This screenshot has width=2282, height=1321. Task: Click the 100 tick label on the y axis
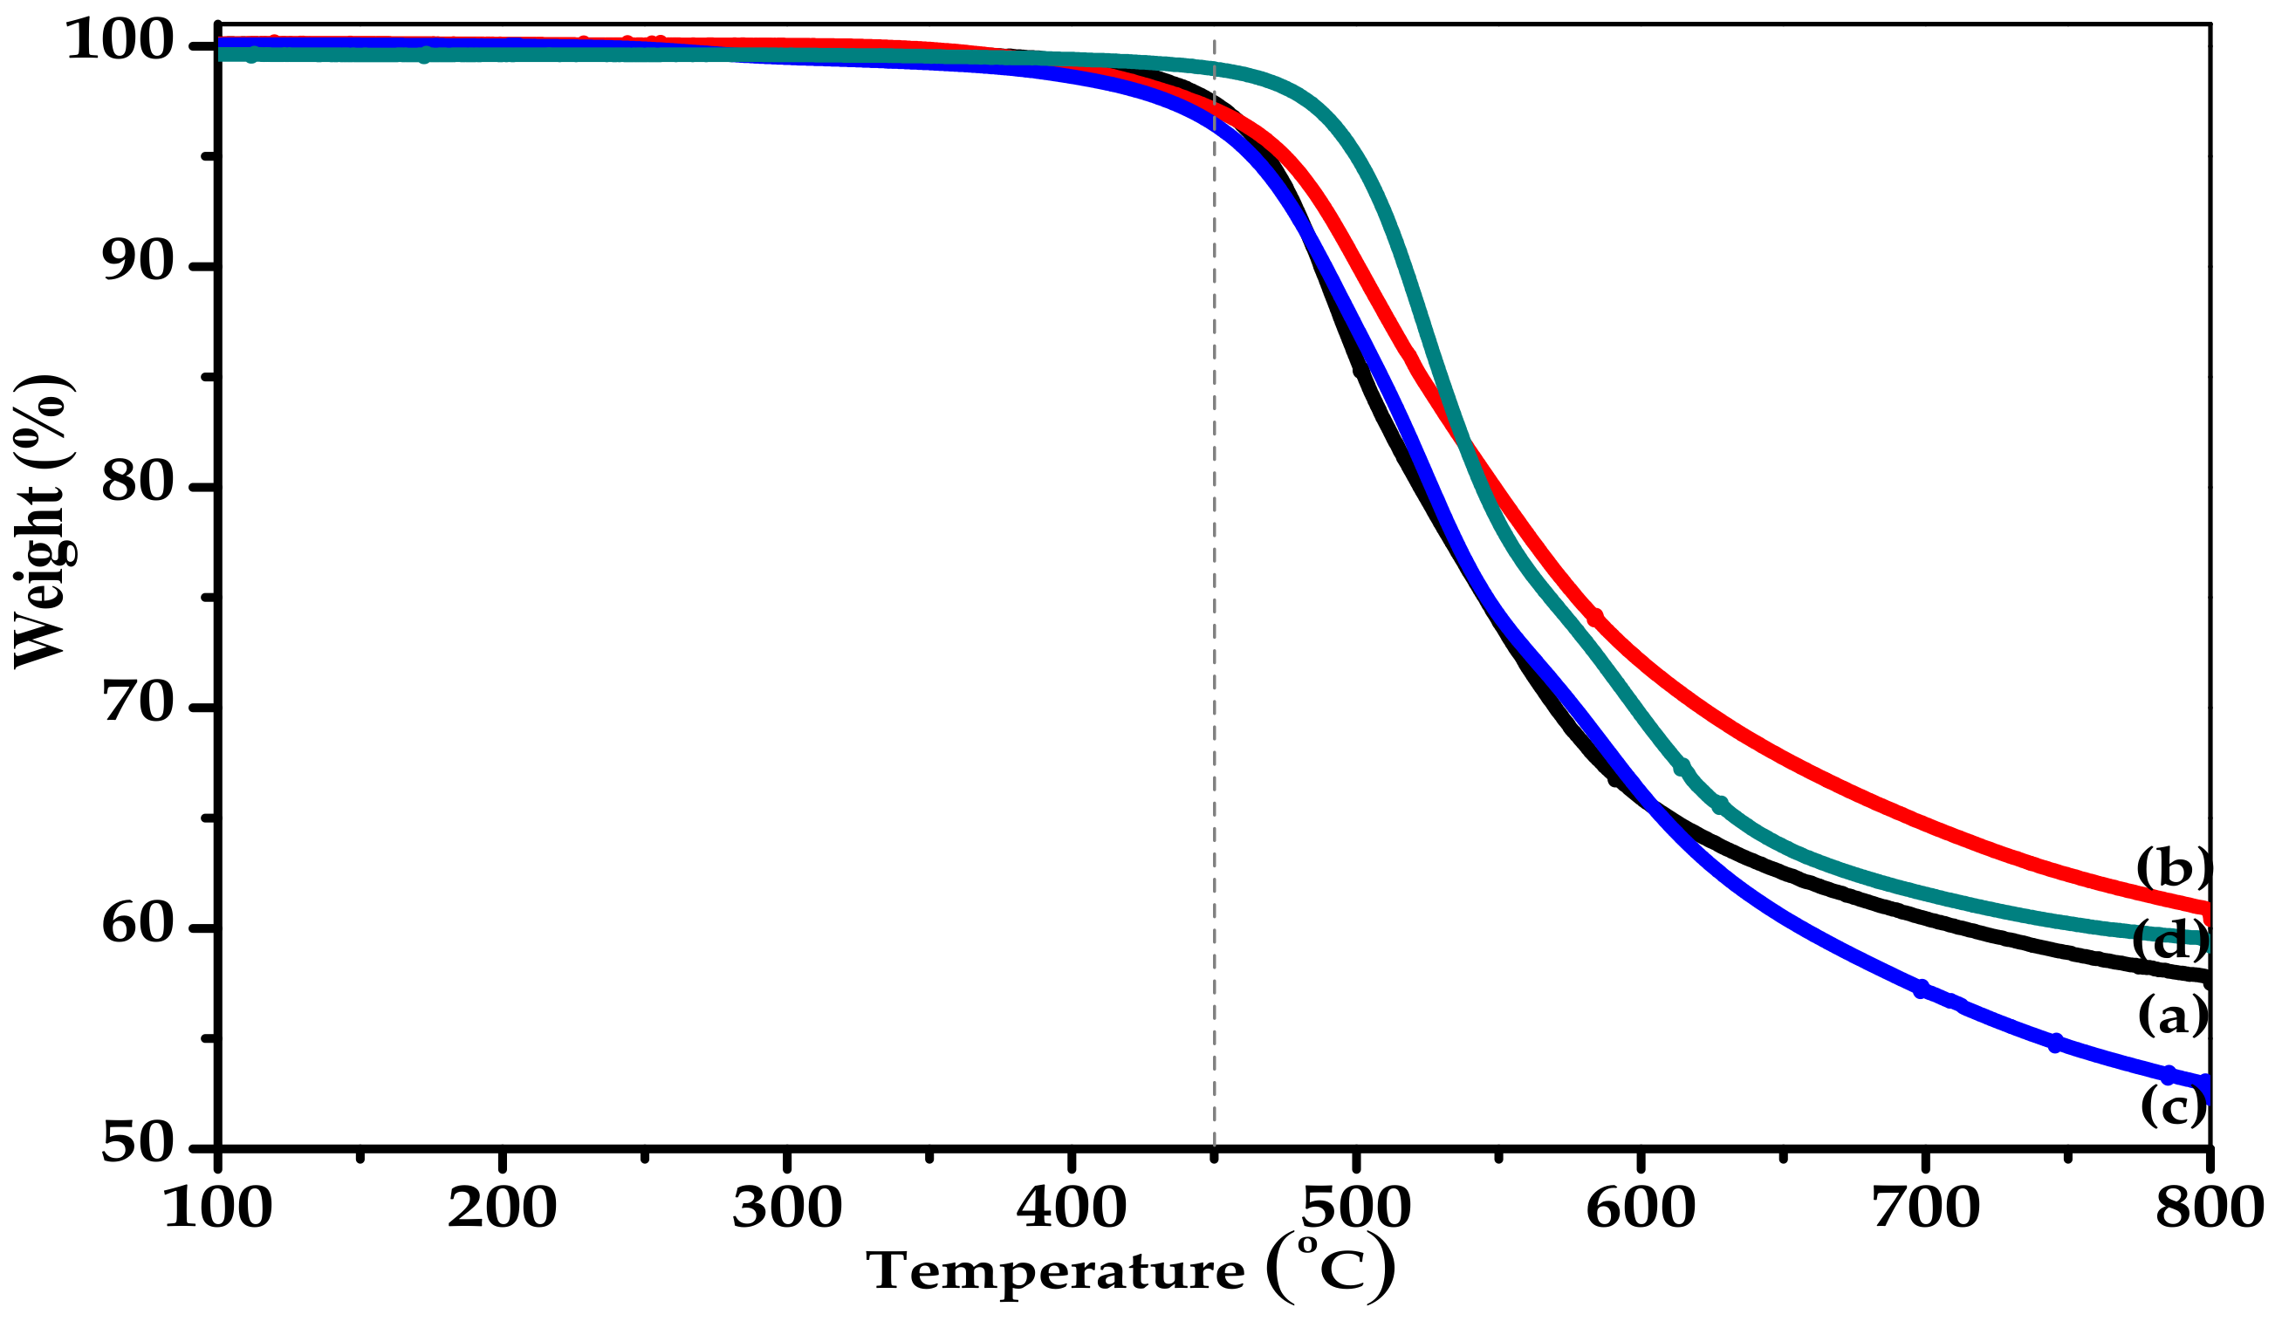click(120, 42)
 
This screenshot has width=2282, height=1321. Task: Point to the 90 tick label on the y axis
click(137, 263)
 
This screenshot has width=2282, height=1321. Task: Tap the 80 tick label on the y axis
click(137, 483)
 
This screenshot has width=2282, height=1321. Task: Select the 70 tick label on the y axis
click(137, 703)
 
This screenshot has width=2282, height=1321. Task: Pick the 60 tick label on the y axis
click(137, 924)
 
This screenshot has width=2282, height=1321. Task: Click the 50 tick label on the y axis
click(137, 1145)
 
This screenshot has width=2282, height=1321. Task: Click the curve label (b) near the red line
click(2172, 868)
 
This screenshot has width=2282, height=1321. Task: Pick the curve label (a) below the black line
click(2172, 1016)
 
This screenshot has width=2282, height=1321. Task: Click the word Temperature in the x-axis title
click(1055, 1272)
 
